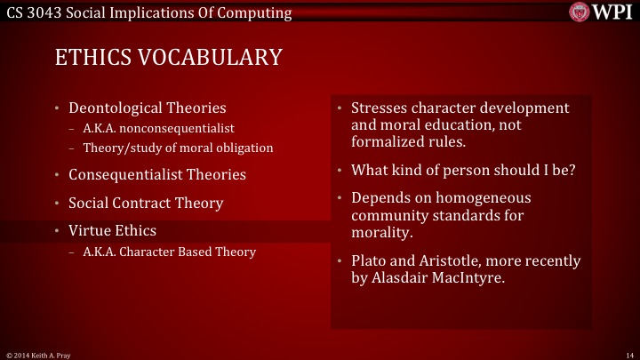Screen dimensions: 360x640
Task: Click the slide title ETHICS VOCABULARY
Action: click(168, 58)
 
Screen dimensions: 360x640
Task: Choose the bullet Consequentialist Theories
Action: click(157, 174)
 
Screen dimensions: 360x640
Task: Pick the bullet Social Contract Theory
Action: click(146, 203)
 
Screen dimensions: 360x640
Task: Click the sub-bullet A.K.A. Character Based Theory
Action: click(169, 252)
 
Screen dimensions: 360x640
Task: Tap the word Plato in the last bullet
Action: click(369, 260)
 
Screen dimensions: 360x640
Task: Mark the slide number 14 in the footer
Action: click(628, 354)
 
